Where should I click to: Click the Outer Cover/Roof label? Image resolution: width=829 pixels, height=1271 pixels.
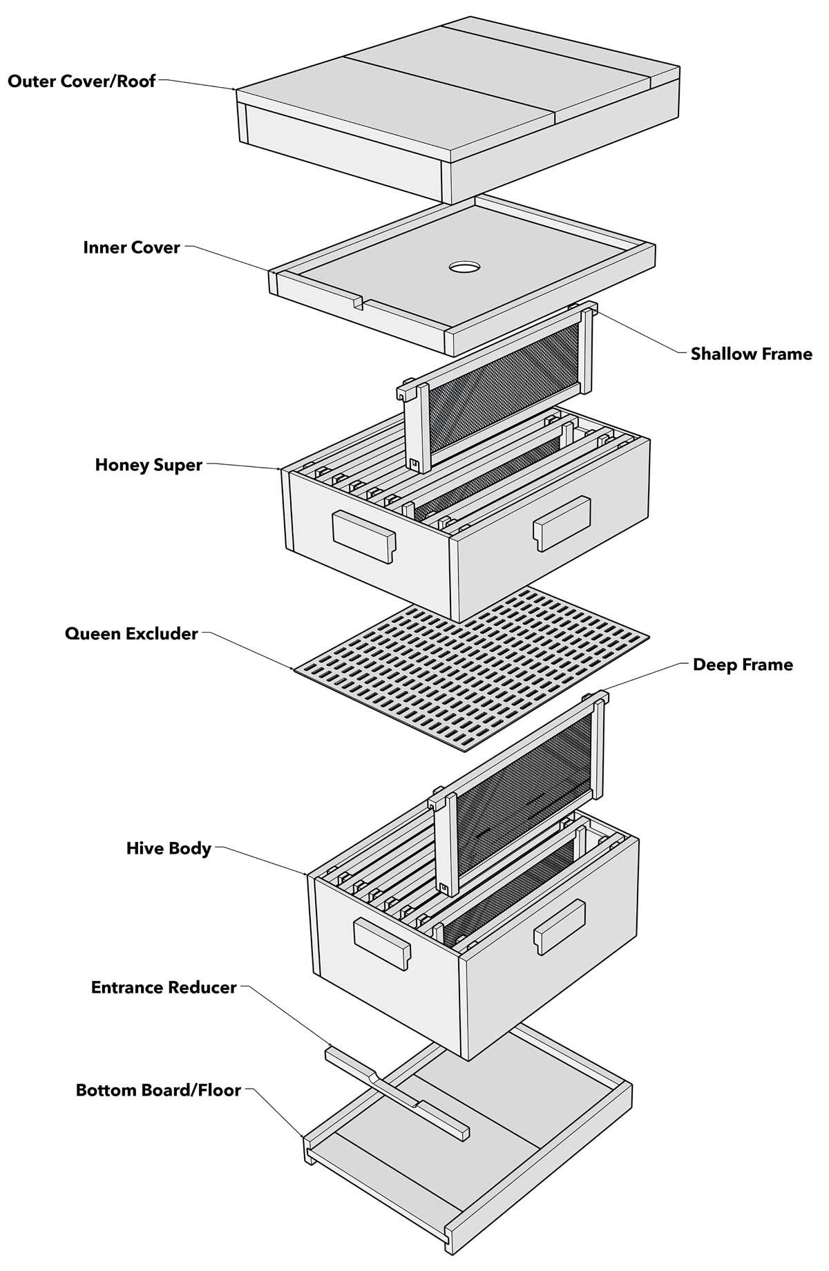coord(82,81)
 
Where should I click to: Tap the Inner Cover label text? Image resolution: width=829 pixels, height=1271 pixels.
coord(131,247)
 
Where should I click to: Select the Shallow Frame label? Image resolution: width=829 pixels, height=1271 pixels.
coord(751,354)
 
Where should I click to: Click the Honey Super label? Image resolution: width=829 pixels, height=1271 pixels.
coord(149,465)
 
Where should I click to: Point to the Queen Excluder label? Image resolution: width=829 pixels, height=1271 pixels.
coord(131,633)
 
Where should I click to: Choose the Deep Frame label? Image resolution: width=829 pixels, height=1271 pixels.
coord(743,665)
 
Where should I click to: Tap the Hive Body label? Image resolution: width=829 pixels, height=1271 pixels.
coord(169,848)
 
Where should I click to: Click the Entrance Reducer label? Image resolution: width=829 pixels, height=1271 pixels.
coord(164,987)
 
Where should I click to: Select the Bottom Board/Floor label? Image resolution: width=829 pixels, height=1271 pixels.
coord(158,1090)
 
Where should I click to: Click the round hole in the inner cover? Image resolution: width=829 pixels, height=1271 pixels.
coord(464,266)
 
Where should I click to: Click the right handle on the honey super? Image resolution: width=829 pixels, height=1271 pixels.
coord(562,523)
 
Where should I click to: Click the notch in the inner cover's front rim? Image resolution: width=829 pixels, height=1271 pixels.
coord(356,302)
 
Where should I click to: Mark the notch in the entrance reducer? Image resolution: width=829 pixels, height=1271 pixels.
coord(373,1076)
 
